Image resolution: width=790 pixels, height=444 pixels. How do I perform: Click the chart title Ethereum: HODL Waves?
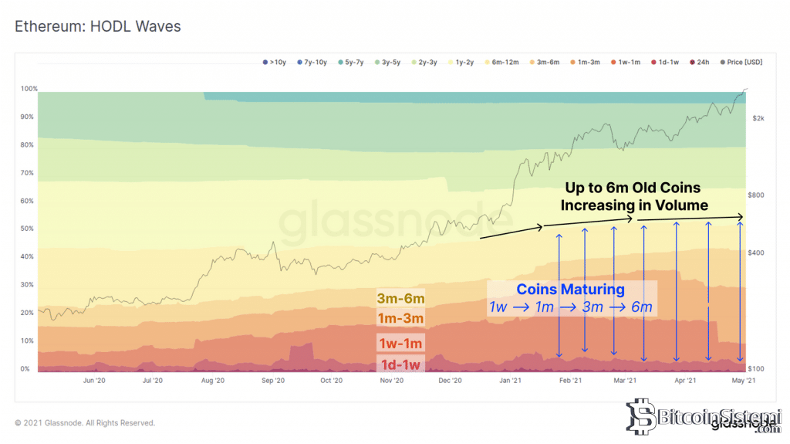pyautogui.click(x=97, y=26)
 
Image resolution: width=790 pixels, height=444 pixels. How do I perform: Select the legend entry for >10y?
pyautogui.click(x=275, y=62)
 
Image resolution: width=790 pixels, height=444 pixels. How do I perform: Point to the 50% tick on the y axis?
pyautogui.click(x=26, y=229)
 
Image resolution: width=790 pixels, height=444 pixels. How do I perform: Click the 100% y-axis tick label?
pyautogui.click(x=28, y=89)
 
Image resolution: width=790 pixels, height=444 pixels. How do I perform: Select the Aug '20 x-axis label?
pyautogui.click(x=213, y=381)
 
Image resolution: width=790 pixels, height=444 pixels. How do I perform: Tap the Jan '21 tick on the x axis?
pyautogui.click(x=510, y=381)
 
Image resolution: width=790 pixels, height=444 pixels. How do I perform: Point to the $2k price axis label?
pyautogui.click(x=758, y=118)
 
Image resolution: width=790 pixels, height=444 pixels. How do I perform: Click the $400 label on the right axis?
pyautogui.click(x=757, y=253)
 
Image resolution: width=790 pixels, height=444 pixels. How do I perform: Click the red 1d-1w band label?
pyautogui.click(x=400, y=364)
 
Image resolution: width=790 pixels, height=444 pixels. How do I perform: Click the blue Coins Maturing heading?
pyautogui.click(x=570, y=290)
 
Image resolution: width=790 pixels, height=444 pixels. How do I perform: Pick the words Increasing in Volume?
pyautogui.click(x=634, y=205)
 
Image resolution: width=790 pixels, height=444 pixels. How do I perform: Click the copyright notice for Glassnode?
pyautogui.click(x=85, y=423)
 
